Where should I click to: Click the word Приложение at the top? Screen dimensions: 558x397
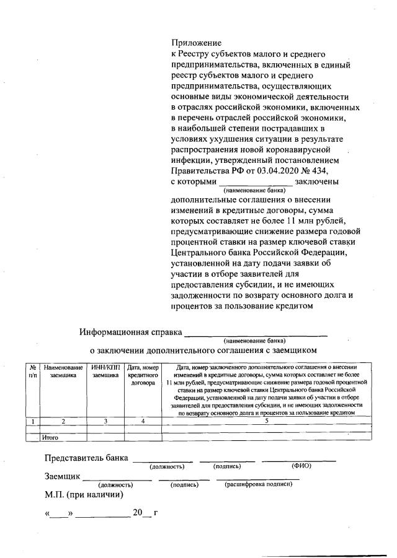coord(195,43)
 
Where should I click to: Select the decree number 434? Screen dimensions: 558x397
coord(318,171)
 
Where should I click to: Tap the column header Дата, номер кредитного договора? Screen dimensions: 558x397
coord(143,375)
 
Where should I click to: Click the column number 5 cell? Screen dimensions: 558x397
coord(266,421)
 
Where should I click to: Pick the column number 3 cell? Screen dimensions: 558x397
coord(105,421)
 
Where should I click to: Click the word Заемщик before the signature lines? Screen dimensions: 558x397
coord(62,477)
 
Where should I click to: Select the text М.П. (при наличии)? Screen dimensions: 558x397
coord(84,495)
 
